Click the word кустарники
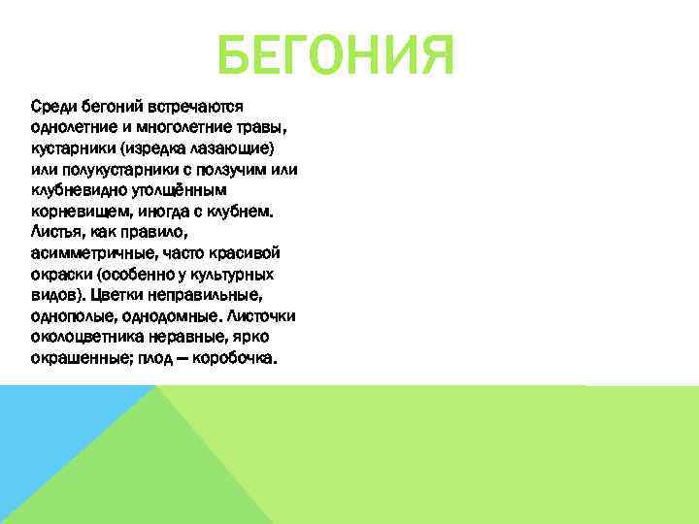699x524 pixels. click(x=71, y=147)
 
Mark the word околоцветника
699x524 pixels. click(x=85, y=337)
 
